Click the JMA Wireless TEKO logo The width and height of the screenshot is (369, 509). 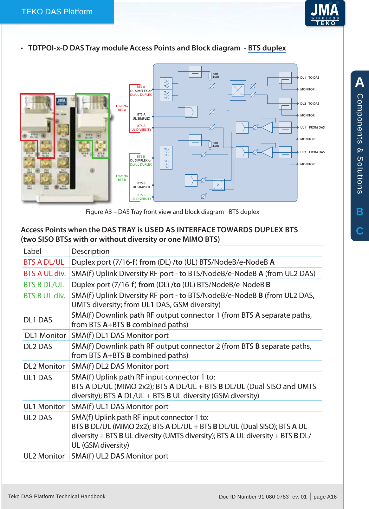click(325, 13)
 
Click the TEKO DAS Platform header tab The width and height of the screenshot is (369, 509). click(57, 12)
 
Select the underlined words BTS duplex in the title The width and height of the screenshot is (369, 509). click(267, 48)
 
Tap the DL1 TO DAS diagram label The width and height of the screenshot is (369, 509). click(310, 77)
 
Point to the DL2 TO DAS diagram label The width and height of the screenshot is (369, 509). click(310, 103)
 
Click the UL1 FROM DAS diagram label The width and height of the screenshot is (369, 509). click(312, 127)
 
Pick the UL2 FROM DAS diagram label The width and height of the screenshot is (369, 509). click(312, 152)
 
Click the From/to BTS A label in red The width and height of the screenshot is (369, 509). click(122, 108)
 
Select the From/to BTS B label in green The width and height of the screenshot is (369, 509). click(122, 178)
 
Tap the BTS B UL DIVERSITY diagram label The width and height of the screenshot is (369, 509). click(141, 197)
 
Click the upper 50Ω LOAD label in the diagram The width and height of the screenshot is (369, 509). click(215, 76)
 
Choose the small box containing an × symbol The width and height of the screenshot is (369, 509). click(218, 185)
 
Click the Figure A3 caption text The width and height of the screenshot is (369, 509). click(172, 212)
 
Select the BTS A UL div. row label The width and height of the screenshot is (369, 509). click(45, 274)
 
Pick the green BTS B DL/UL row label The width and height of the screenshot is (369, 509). click(44, 285)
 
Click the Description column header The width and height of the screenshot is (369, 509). click(90, 251)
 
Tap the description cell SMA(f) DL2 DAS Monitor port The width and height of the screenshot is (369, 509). click(120, 366)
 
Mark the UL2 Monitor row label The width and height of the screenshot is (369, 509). click(44, 456)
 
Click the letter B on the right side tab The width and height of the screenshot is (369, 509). click(359, 212)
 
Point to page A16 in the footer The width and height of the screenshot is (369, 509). click(325, 497)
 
